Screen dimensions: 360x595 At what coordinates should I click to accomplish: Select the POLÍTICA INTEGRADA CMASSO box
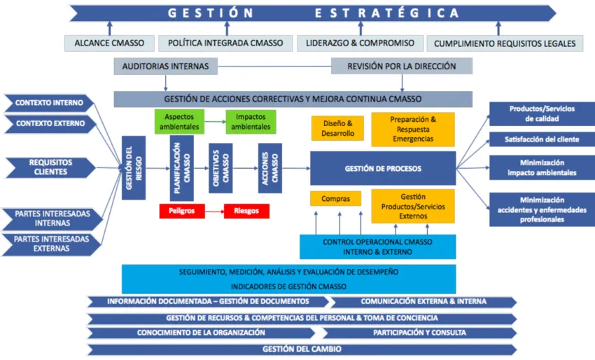tap(225, 43)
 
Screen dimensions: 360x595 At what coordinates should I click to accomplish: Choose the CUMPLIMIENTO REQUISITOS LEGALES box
tap(504, 43)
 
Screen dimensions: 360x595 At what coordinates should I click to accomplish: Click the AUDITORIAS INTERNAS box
tap(165, 67)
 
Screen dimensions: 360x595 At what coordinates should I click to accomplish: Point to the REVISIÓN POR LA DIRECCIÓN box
tap(402, 67)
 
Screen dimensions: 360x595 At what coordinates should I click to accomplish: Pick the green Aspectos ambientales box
tap(179, 121)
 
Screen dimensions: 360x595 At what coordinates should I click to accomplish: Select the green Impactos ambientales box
tap(251, 121)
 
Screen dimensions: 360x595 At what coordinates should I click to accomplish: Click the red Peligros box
tap(181, 210)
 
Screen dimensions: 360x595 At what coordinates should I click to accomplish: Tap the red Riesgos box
tap(246, 210)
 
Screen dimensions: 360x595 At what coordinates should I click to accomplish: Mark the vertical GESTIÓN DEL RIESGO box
tap(134, 168)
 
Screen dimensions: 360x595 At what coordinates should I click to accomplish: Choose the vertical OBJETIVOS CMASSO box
tap(220, 168)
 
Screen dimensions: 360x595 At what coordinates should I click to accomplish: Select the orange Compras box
tap(335, 199)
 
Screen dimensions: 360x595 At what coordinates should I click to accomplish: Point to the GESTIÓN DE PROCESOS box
tap(383, 168)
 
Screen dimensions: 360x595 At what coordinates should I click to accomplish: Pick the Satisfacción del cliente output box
tap(542, 139)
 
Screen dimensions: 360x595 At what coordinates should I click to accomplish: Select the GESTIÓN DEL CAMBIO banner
tap(301, 349)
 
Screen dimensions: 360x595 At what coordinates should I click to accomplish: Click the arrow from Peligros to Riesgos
tap(213, 210)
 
